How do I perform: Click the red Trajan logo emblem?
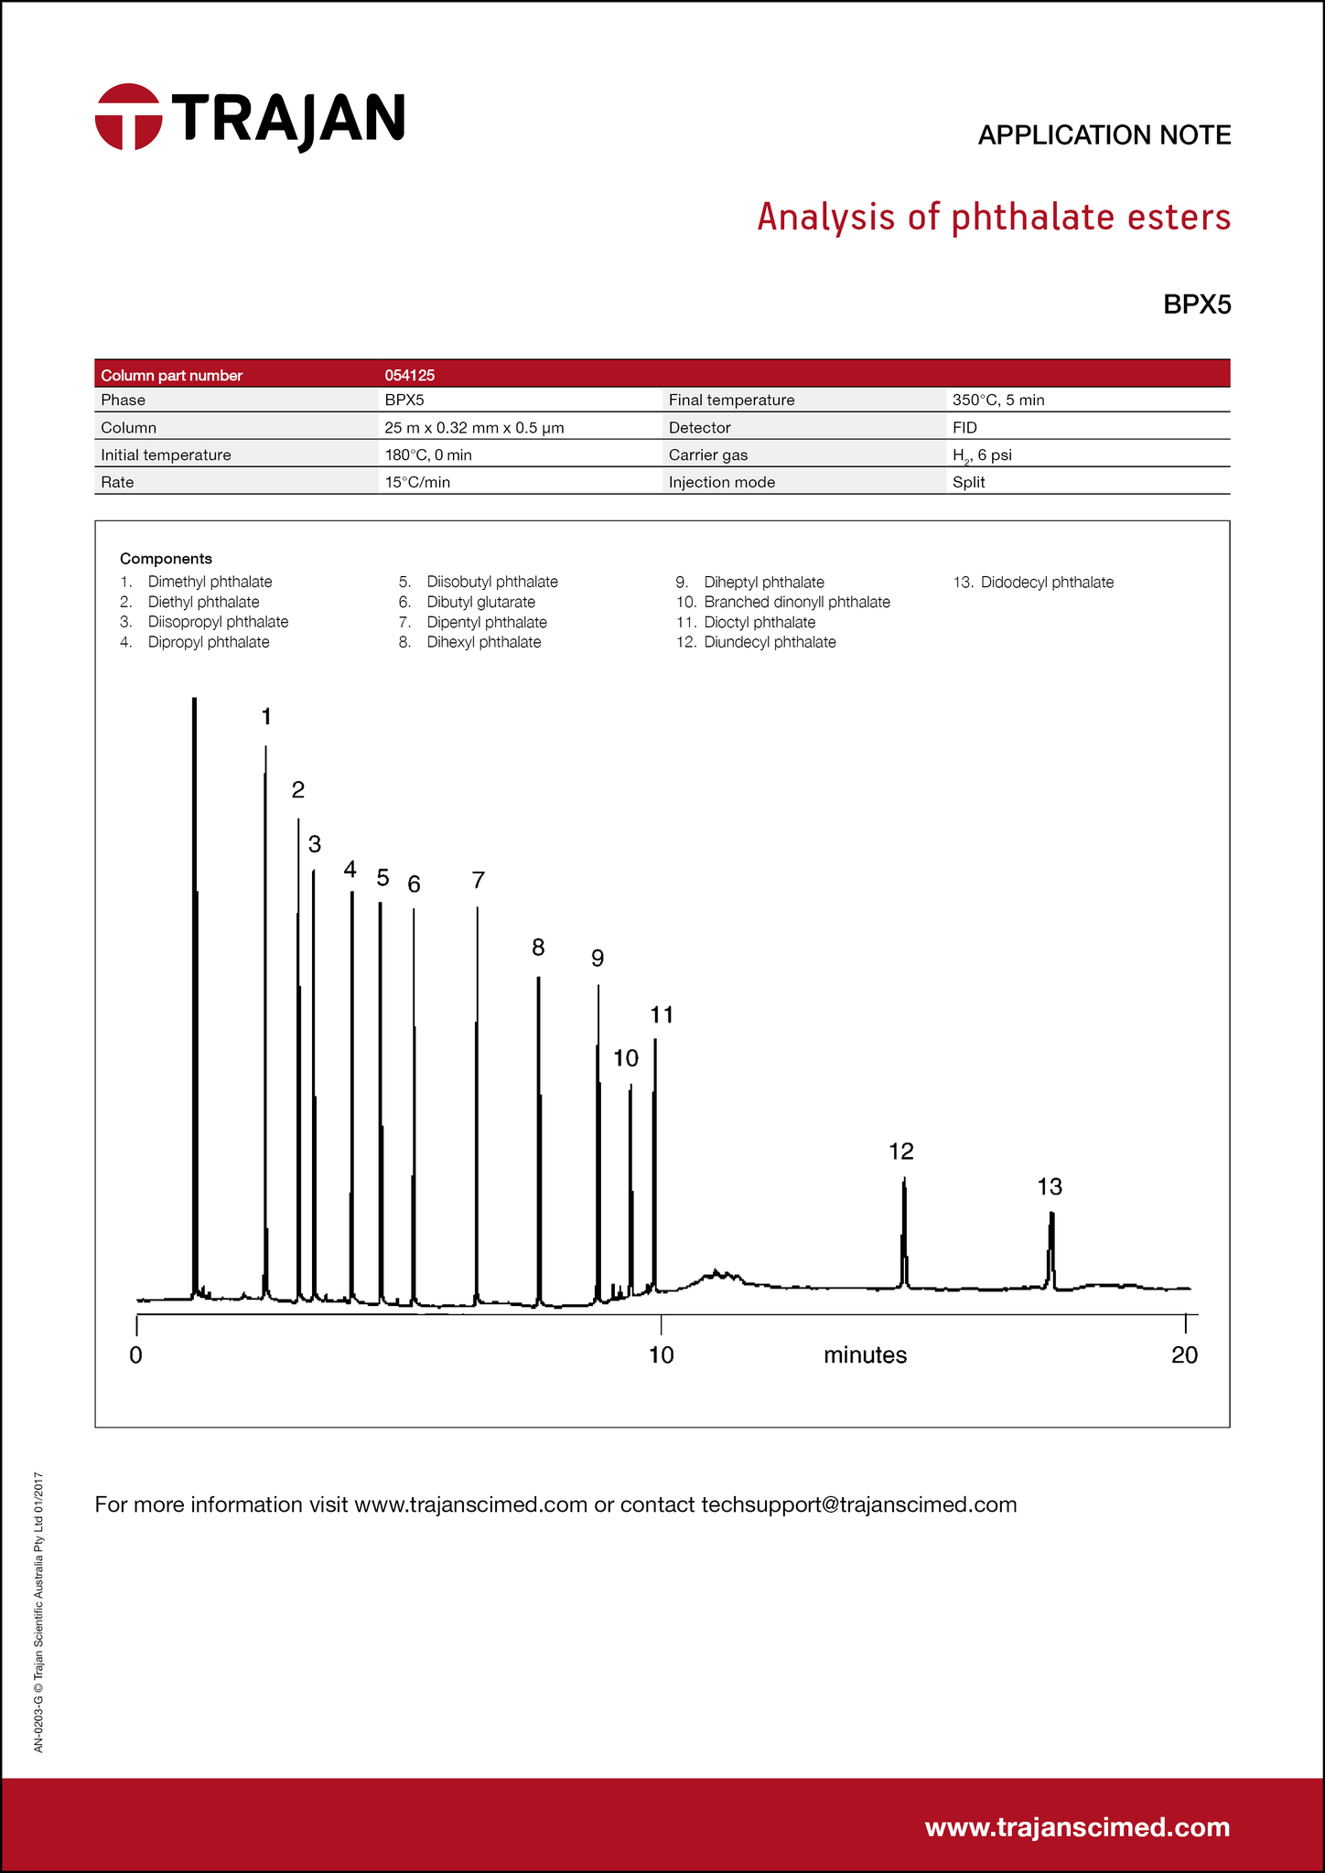[128, 117]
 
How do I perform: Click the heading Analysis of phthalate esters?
[993, 218]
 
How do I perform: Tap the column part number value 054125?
[409, 375]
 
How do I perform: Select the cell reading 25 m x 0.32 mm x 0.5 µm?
[474, 427]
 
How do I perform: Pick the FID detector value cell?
[964, 427]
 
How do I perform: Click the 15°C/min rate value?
[417, 482]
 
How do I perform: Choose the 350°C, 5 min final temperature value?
[998, 400]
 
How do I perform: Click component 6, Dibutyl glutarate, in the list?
[480, 602]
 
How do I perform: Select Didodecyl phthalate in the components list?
[1047, 583]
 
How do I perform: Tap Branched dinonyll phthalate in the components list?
[796, 602]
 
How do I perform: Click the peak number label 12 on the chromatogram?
[901, 1151]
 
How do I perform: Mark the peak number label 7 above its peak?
[478, 881]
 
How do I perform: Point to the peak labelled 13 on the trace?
[1051, 1244]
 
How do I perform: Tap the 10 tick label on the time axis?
[661, 1355]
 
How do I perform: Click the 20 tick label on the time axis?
[1184, 1355]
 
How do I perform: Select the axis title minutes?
[865, 1355]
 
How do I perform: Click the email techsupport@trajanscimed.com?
[858, 1504]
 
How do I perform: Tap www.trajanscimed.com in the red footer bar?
[1077, 1827]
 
